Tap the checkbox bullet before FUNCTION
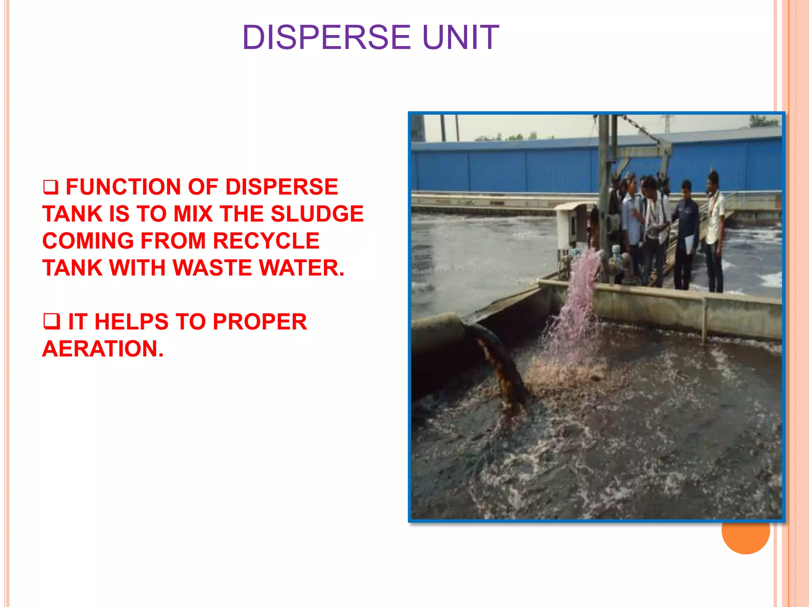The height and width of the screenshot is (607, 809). pos(51,187)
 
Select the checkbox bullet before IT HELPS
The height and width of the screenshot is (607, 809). pos(51,322)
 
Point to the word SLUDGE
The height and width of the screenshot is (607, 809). pos(317,214)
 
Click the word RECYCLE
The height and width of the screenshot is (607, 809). pos(266,241)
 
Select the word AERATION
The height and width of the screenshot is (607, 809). pos(103,349)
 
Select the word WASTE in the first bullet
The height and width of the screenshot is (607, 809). pos(212,268)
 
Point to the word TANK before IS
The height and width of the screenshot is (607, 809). pos(73,214)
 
